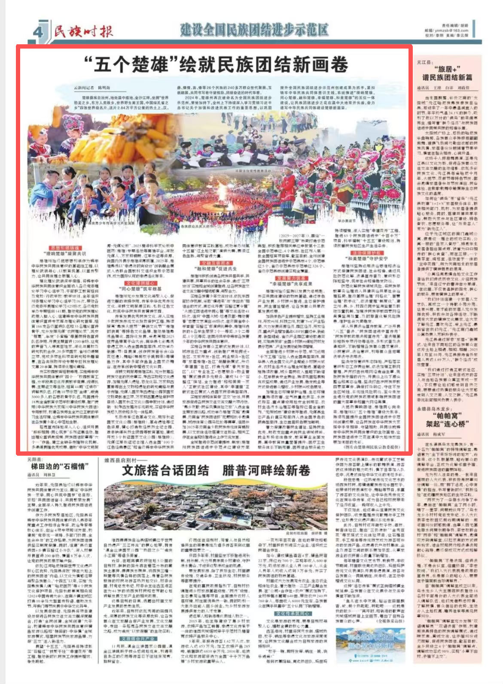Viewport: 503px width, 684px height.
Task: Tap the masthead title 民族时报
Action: tap(84, 31)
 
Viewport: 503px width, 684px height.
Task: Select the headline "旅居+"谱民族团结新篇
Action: tap(447, 73)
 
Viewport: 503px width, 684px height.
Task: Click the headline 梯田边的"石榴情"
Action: tap(57, 466)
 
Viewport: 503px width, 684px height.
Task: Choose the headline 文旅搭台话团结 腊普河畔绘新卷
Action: tap(216, 470)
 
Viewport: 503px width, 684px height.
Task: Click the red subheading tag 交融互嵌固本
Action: tap(210, 263)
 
